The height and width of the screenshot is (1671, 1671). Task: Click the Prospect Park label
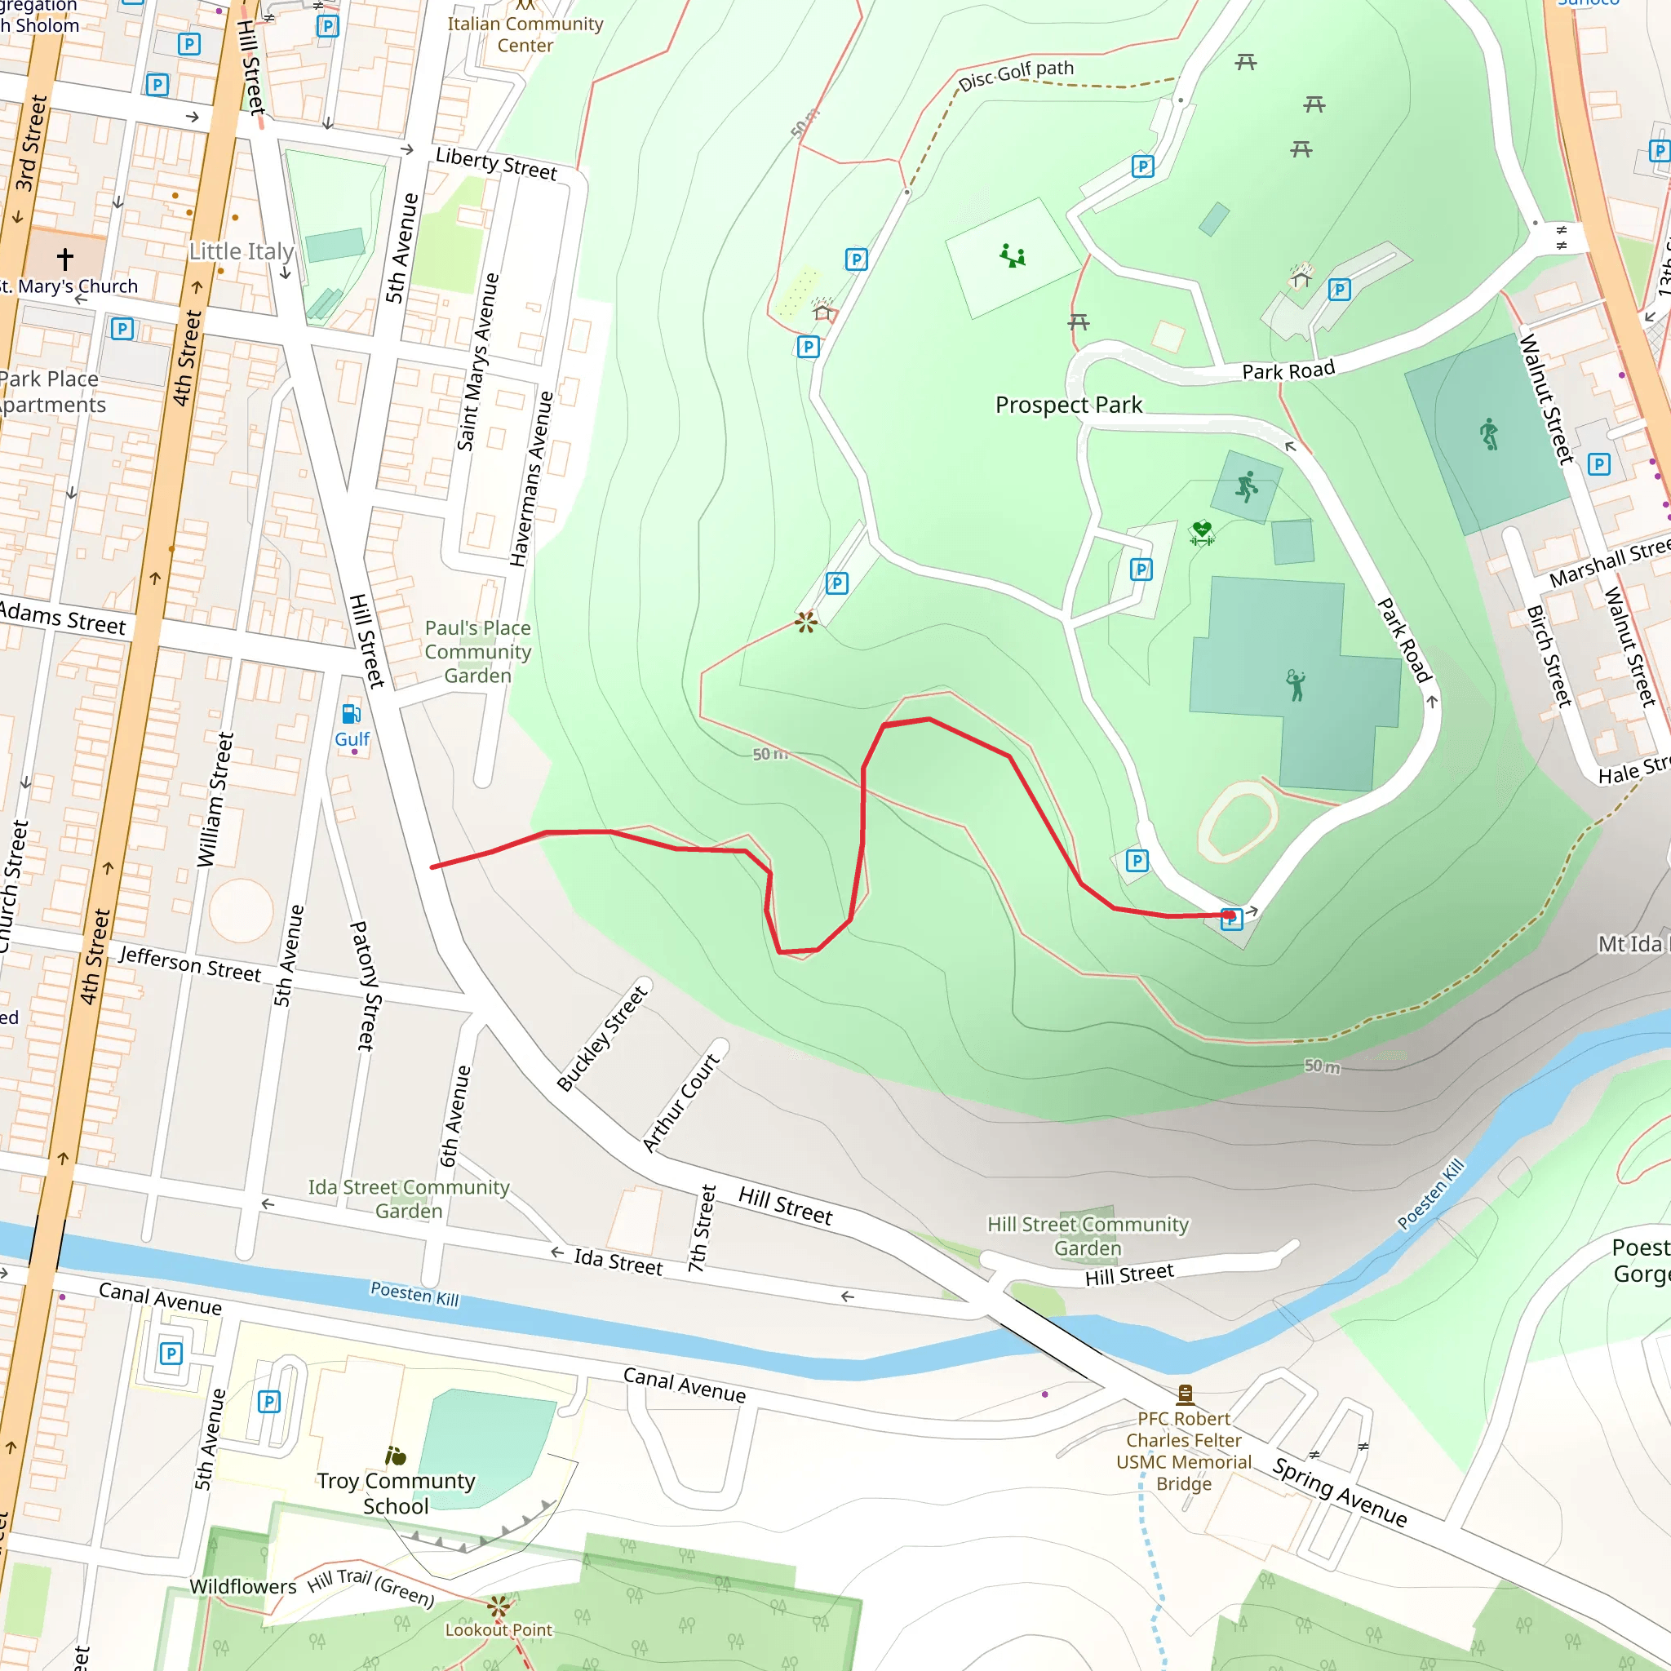1068,405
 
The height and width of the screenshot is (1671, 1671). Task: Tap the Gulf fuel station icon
350,715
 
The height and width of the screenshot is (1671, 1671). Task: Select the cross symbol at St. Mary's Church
65,259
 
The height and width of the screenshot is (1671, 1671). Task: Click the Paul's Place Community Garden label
477,651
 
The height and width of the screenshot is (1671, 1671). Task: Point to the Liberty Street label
496,163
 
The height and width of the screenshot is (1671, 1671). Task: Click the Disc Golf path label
1017,74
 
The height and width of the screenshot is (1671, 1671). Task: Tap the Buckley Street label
602,1038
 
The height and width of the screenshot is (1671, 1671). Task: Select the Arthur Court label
680,1103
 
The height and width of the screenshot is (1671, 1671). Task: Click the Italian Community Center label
525,34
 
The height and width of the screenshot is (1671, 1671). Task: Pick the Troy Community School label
395,1493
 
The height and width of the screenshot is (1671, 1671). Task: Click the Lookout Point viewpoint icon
499,1608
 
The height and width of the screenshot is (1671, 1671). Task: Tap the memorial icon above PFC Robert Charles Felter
1185,1394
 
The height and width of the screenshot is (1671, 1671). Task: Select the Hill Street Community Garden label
1088,1236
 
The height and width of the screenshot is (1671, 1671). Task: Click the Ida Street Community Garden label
408,1199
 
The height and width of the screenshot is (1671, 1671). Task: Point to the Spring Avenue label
1340,1493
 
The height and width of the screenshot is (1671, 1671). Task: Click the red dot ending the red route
1229,915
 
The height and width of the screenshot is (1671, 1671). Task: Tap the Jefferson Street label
189,964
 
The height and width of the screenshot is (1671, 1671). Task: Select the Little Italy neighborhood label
242,251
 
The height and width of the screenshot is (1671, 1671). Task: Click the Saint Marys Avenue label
477,361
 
